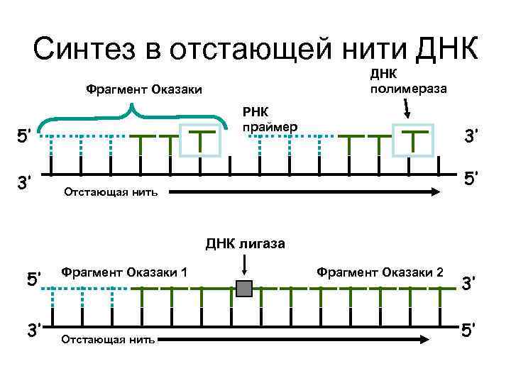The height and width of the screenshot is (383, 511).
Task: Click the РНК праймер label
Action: [269, 118]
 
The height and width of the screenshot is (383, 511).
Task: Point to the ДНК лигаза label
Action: [246, 244]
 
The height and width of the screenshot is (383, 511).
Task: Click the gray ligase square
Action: [244, 289]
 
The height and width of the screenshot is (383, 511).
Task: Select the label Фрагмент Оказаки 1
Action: [124, 272]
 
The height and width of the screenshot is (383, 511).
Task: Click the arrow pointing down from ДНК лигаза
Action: [244, 265]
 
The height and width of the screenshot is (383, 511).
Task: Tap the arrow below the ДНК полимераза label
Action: [407, 109]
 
